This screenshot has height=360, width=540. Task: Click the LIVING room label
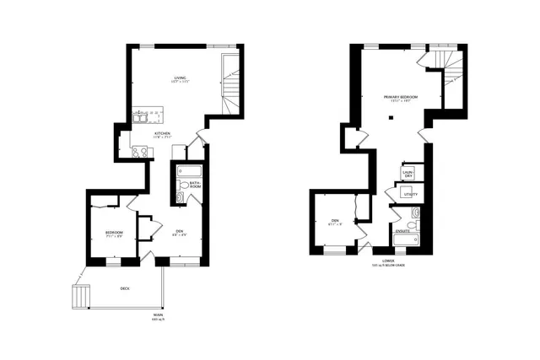click(180, 78)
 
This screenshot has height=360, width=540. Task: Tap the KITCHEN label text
click(162, 133)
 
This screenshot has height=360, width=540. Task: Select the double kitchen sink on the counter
click(141, 118)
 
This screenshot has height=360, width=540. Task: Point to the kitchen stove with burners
click(140, 152)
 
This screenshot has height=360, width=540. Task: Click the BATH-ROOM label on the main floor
click(194, 184)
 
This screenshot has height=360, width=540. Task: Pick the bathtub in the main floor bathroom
click(190, 169)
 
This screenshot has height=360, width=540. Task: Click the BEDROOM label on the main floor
click(114, 233)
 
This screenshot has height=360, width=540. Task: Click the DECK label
click(125, 288)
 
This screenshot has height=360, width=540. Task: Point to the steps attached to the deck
click(80, 297)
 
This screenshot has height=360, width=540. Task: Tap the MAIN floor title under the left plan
click(158, 316)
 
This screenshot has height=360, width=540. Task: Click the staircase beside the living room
click(229, 85)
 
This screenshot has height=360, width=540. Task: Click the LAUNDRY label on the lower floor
click(408, 174)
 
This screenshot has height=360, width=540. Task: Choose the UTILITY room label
click(410, 194)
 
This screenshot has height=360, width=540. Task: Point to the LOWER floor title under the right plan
click(388, 261)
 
